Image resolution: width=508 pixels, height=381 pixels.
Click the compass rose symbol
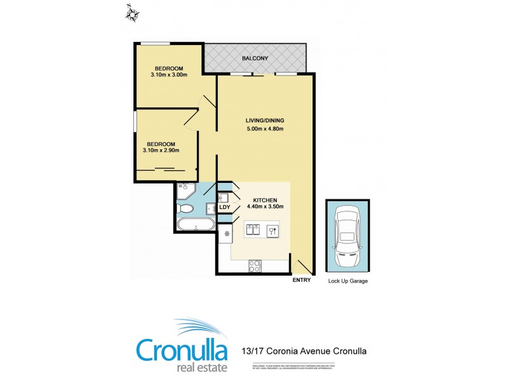tap(132, 13)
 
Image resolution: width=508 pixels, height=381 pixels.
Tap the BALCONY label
tap(255, 59)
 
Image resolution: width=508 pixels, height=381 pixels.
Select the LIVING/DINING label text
tap(265, 121)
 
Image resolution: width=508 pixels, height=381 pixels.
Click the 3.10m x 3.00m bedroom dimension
tap(168, 76)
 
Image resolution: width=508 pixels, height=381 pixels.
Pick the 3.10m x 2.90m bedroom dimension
tap(161, 150)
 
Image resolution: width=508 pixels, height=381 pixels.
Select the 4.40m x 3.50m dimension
tap(264, 206)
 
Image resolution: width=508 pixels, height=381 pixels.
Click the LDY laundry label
tap(224, 207)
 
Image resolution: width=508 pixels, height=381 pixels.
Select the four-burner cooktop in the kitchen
tap(255, 266)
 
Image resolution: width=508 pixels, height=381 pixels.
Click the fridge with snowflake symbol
tap(227, 234)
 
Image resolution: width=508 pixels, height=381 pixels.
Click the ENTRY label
tap(301, 280)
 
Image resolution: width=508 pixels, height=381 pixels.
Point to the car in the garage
tap(347, 237)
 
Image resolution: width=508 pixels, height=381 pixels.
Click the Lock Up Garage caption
tap(347, 281)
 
